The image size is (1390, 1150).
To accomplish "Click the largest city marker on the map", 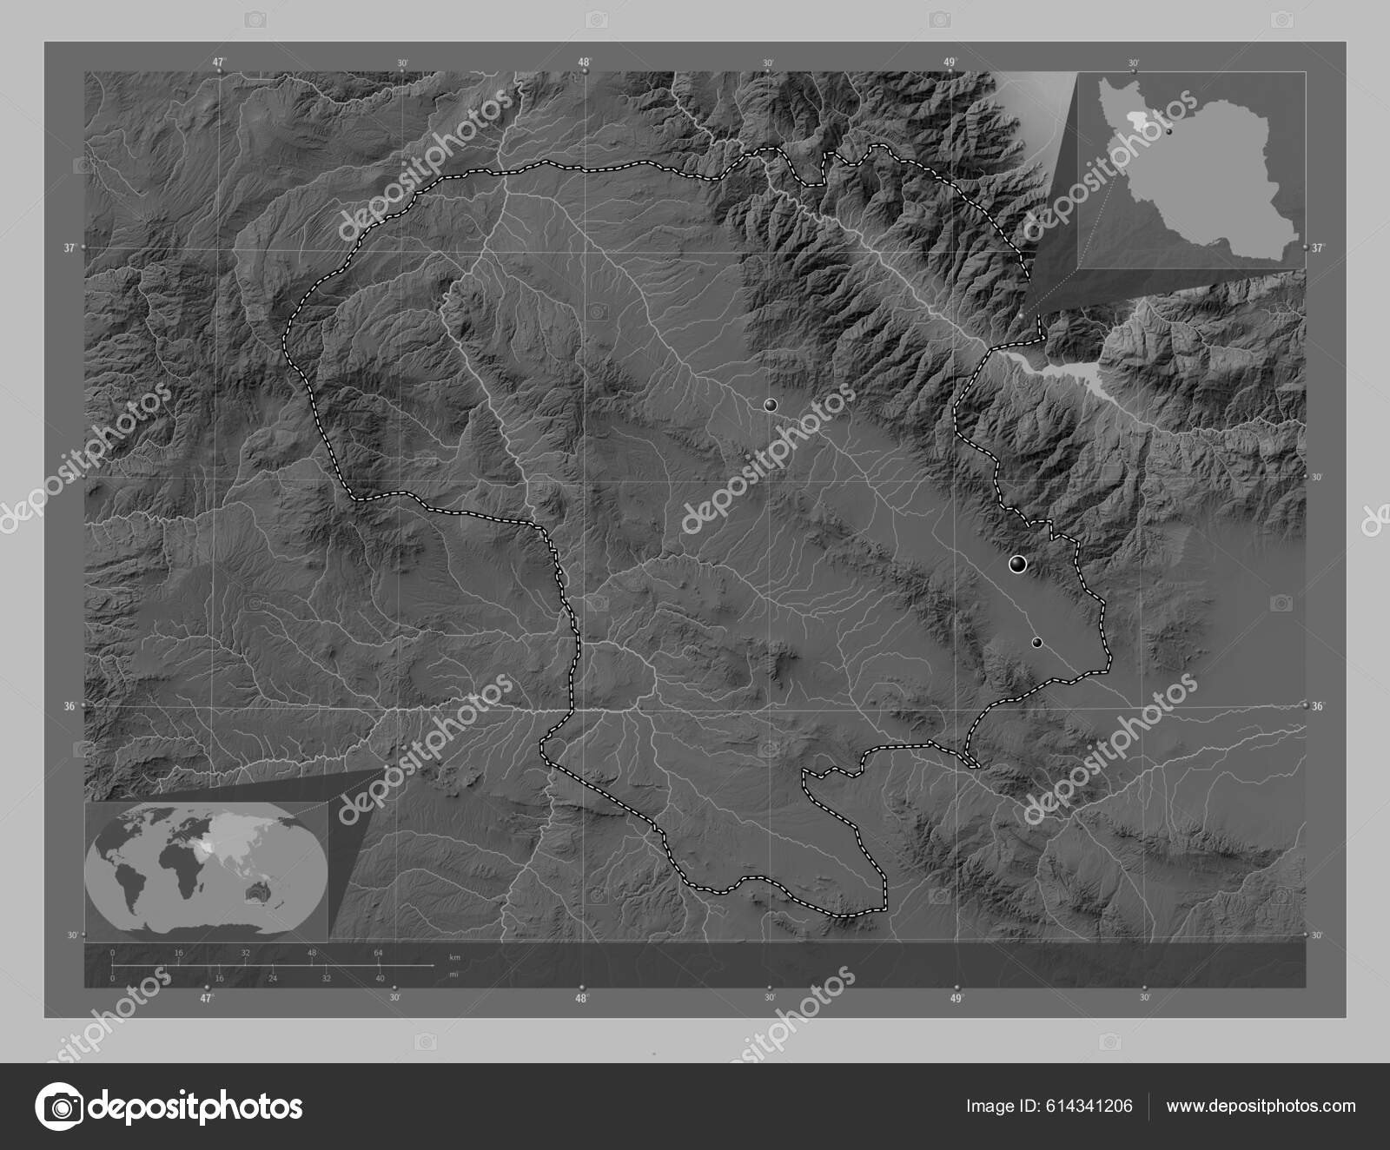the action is pos(1018,565).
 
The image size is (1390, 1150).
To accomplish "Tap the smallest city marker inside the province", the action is pos(1037,643).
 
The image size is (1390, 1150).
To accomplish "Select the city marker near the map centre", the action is pos(770,405).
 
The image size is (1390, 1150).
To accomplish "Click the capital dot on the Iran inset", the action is pos(1169,132).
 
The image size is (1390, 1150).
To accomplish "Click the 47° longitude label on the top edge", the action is pos(220,62).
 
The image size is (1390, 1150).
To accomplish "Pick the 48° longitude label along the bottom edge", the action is pos(582,998).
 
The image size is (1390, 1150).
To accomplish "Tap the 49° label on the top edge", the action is pos(951,62).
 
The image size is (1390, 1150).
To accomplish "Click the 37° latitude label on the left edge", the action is pos(69,248).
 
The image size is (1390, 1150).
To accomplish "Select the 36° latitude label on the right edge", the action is pos(1318,706).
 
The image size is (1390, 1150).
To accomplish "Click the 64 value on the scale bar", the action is pos(379,953).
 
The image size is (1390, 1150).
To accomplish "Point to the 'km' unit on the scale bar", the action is pos(454,957).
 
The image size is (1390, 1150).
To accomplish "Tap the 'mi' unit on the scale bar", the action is pos(453,975).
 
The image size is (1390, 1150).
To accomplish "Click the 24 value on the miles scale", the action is pos(272,978).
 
